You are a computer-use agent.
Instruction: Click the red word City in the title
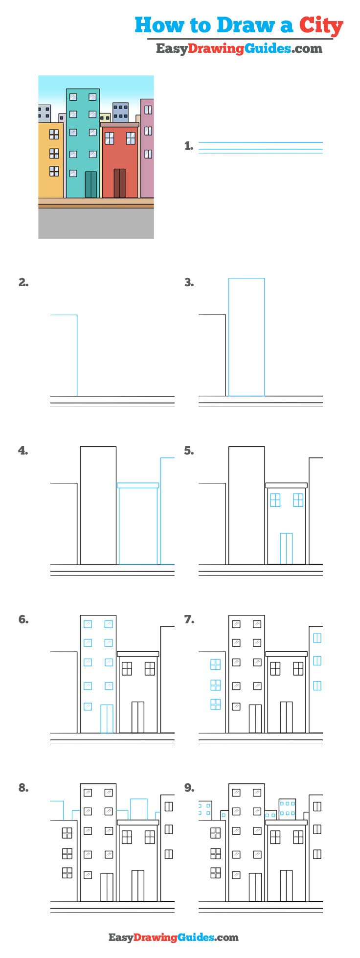coord(321,25)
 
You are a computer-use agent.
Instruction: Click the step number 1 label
coord(189,146)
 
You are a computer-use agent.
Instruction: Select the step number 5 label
coord(189,451)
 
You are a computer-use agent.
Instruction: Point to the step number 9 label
coord(189,788)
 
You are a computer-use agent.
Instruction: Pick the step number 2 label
coord(23,282)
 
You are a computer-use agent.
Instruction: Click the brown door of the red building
coord(119,183)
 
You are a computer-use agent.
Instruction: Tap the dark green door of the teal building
coord(91,184)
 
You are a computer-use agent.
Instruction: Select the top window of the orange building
coord(54,134)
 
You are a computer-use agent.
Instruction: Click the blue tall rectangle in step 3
coord(247,337)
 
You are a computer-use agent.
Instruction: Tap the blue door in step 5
coord(286,548)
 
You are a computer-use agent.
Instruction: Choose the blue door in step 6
coord(107,718)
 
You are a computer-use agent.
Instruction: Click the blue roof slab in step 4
coord(138,485)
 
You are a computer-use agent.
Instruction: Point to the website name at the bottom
coord(173,937)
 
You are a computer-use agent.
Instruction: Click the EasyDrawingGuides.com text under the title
coord(239,48)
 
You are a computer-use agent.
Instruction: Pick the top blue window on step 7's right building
coord(317,638)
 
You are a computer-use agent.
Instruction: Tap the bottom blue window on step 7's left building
coord(215,704)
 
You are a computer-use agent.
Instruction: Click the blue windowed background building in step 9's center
coord(287,810)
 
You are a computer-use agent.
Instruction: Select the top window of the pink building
coord(148,110)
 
